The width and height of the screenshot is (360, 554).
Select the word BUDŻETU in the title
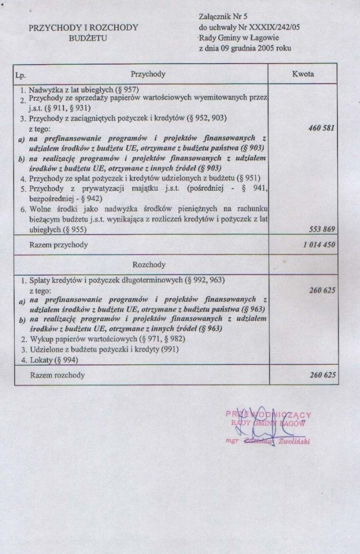pyautogui.click(x=87, y=39)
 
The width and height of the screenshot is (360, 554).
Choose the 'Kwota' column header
pyautogui.click(x=303, y=74)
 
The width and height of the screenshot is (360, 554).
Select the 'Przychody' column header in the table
pyautogui.click(x=148, y=74)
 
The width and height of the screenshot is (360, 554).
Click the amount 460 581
pyautogui.click(x=321, y=128)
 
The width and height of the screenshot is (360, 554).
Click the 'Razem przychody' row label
pyautogui.click(x=58, y=245)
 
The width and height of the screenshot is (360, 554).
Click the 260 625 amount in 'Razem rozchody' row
pyautogui.click(x=322, y=374)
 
